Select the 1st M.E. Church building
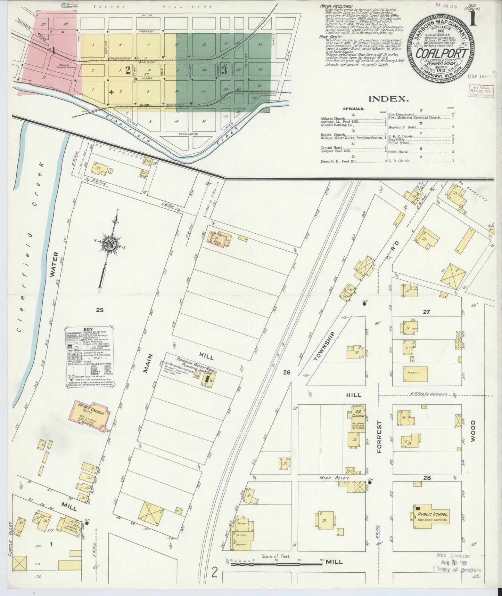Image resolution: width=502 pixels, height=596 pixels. click(x=91, y=415)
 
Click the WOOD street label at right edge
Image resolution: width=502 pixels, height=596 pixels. click(x=473, y=431)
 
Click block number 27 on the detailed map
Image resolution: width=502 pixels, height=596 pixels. click(x=426, y=312)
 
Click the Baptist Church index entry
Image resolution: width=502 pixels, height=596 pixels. click(x=333, y=135)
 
